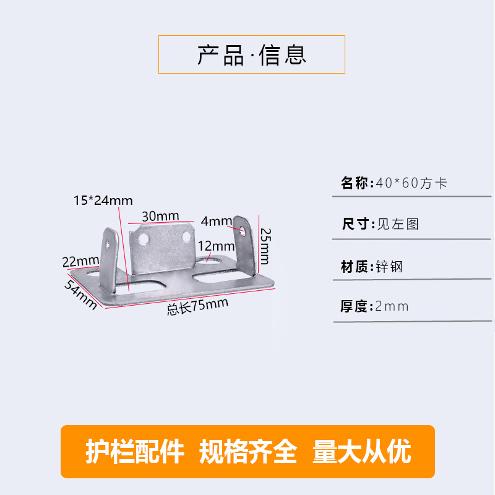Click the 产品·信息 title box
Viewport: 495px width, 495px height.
[x=251, y=54]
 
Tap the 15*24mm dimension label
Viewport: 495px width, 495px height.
[x=103, y=200]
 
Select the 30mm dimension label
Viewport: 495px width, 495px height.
[x=160, y=216]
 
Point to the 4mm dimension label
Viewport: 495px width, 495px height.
[x=216, y=221]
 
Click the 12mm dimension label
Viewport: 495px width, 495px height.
[x=213, y=246]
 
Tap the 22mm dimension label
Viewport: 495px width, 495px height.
[x=81, y=261]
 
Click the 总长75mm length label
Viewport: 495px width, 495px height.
[x=197, y=306]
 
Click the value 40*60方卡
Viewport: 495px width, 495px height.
[x=411, y=183]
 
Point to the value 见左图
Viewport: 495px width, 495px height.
[x=398, y=224]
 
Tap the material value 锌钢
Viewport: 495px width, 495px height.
[x=389, y=267]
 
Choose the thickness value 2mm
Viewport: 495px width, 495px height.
[x=392, y=306]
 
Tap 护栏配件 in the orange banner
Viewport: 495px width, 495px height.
[x=135, y=452]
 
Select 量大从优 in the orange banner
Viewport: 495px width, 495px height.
[x=362, y=452]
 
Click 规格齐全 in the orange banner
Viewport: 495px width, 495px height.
[x=248, y=452]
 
